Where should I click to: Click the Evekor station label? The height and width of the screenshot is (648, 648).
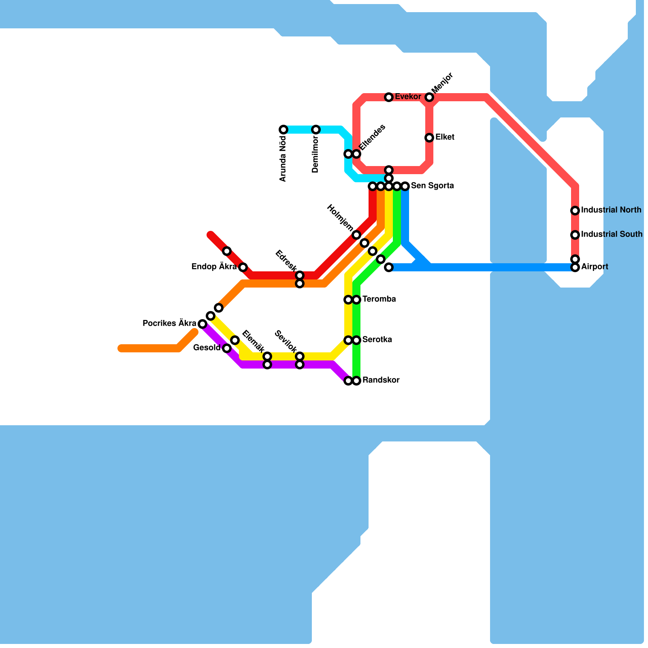(408, 97)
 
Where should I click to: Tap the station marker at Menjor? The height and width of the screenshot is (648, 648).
(429, 97)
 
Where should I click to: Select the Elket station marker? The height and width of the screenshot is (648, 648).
(429, 138)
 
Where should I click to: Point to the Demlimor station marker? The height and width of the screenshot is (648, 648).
(316, 130)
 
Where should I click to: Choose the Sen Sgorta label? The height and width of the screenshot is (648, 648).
(432, 186)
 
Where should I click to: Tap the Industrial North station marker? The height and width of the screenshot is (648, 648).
(575, 211)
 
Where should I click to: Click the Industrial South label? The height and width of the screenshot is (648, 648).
(612, 234)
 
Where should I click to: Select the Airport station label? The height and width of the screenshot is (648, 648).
(595, 267)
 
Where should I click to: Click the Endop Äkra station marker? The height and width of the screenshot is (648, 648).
(243, 267)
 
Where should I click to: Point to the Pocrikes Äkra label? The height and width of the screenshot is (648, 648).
(169, 324)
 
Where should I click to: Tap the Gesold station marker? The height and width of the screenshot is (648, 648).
(227, 348)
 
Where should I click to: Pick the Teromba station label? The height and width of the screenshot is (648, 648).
(379, 299)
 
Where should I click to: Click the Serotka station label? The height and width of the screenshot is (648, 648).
(377, 340)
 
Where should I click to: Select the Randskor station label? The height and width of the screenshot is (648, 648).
(381, 380)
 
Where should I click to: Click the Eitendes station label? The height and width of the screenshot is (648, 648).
(372, 137)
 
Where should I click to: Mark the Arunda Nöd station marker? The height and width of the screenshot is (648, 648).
(283, 130)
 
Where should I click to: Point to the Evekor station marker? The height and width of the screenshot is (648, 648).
(389, 97)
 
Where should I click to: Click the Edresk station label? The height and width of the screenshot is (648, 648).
(286, 261)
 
